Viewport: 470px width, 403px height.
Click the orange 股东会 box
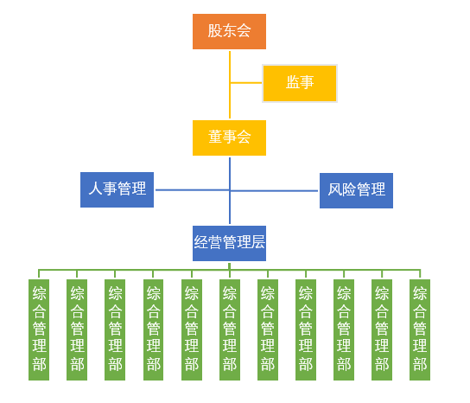(229, 32)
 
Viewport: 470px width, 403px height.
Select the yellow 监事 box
(299, 83)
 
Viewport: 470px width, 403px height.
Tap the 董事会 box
(229, 138)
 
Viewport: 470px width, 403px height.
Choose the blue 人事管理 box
(117, 189)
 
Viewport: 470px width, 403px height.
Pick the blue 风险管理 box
(356, 190)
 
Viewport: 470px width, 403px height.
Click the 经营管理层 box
(229, 243)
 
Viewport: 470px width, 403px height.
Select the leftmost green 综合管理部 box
(39, 329)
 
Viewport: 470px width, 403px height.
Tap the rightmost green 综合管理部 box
(420, 329)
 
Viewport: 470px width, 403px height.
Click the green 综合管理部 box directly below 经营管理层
(229, 329)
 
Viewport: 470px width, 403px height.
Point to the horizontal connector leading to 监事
(246, 83)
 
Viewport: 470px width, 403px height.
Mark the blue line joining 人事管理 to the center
(190, 189)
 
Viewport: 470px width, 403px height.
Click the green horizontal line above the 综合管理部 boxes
(130, 270)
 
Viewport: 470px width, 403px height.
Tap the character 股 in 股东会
(215, 32)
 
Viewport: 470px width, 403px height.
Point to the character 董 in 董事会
(215, 138)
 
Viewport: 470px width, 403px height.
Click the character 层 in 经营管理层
(257, 243)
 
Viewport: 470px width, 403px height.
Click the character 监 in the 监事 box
(293, 83)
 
